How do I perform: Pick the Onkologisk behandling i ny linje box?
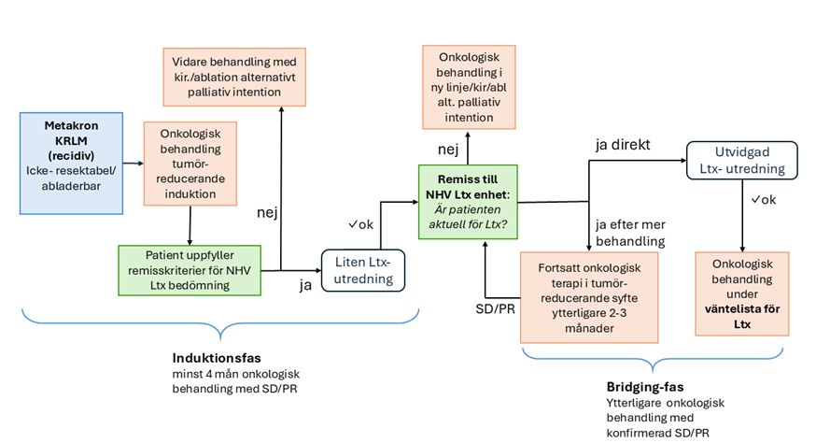pyautogui.click(x=468, y=87)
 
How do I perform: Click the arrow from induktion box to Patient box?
pyautogui.click(x=190, y=224)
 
